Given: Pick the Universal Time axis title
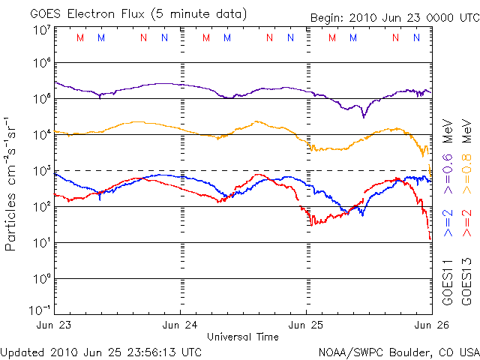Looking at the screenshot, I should [243, 337].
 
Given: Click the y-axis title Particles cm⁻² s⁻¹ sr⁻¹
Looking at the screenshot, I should [13, 183].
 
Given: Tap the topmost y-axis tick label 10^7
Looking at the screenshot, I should [40, 29].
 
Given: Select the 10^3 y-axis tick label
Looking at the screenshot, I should [40, 170].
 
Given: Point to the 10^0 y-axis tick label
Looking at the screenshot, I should [40, 278].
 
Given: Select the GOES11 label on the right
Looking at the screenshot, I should [448, 282].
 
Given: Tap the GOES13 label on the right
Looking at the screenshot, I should [466, 282].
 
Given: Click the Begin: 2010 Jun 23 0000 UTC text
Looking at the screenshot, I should [391, 17].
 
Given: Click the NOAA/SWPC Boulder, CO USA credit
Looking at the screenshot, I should [398, 352].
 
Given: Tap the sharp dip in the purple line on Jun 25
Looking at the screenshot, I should [364, 116].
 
